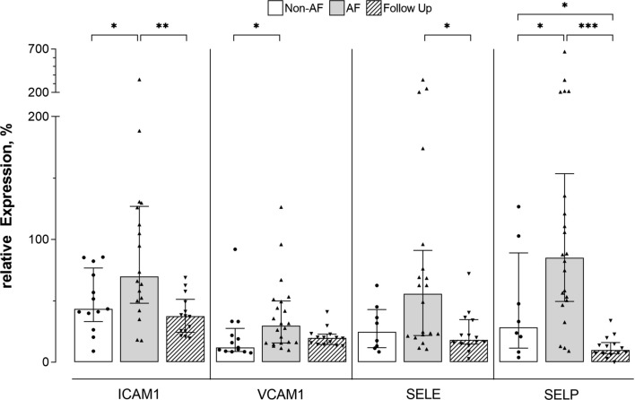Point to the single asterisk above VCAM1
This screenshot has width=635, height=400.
coord(257,28)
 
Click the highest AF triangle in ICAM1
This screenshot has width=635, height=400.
coord(139,80)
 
